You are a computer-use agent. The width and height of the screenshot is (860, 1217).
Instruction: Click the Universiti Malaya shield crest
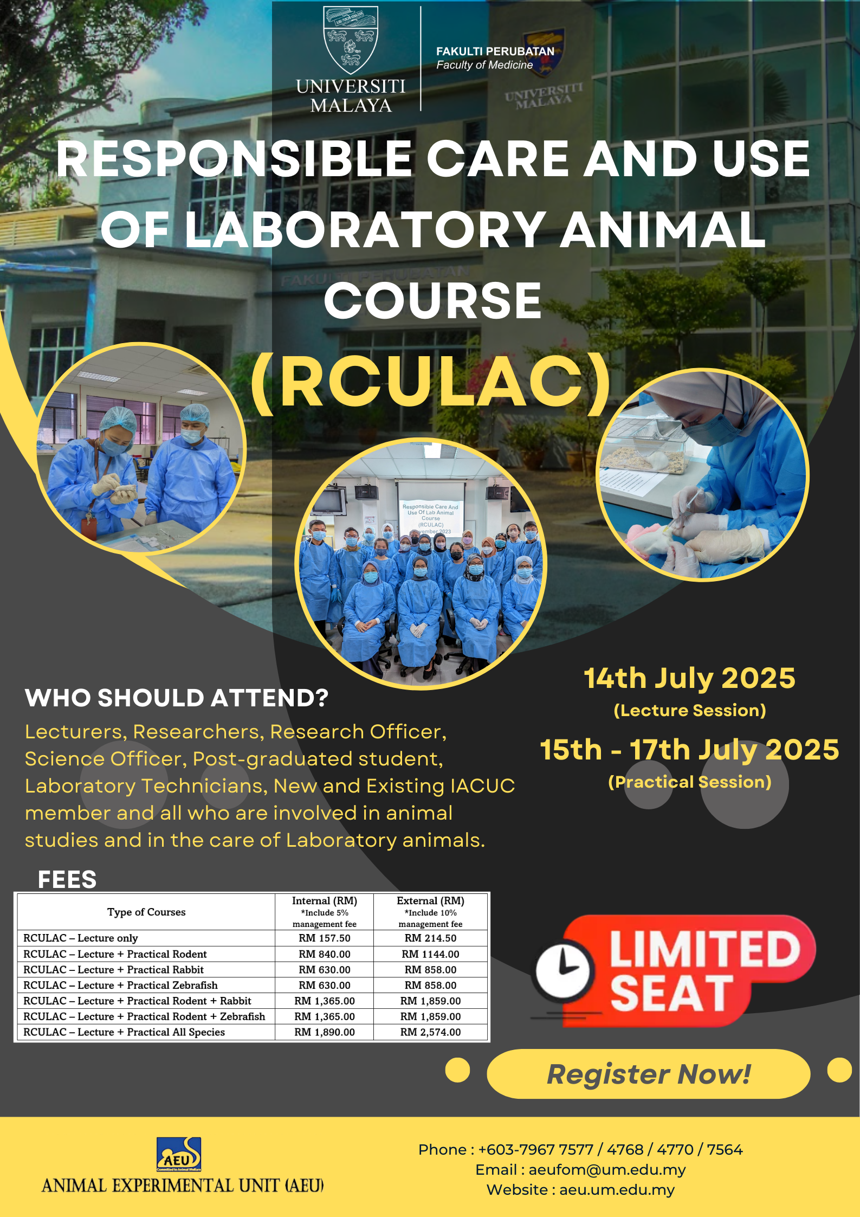pos(351,40)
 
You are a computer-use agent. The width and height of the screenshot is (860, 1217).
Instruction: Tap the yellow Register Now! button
pos(648,1074)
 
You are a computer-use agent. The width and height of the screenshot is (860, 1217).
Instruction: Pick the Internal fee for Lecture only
pos(325,938)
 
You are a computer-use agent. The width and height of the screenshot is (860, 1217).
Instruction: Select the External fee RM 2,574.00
pos(430,1032)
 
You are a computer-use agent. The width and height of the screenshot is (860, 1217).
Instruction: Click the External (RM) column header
pos(430,900)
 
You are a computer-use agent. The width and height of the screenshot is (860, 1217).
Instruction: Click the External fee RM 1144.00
pos(430,954)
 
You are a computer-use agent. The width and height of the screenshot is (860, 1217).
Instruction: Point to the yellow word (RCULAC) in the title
pos(431,382)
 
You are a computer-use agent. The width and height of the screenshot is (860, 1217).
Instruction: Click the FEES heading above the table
pos(67,879)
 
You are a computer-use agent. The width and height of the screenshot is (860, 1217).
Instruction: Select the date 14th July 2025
pos(689,678)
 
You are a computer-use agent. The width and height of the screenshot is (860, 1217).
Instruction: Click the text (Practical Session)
pos(689,782)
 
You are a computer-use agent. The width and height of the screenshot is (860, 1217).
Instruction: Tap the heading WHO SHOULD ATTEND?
pos(177,698)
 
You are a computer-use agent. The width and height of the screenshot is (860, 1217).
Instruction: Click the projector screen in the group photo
pos(431,510)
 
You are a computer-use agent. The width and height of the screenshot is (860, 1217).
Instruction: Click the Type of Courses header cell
pos(146,912)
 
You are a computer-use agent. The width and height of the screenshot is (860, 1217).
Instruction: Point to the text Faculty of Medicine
pos(484,65)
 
